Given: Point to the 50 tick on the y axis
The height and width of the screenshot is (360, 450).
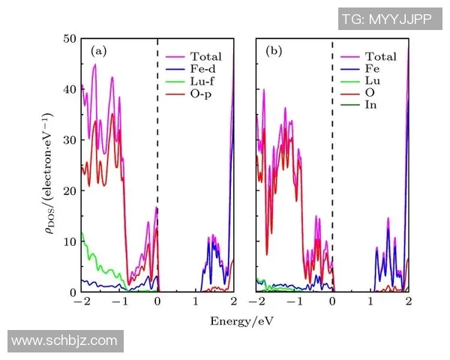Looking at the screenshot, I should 68,38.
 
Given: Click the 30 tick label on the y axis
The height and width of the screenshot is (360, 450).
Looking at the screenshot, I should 68,140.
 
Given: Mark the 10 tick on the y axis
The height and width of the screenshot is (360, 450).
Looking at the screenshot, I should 68,241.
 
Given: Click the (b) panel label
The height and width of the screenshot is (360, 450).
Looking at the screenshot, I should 274,51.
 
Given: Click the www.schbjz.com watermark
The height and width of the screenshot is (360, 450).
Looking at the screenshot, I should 64,340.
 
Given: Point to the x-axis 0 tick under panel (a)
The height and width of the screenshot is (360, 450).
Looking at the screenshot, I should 157,301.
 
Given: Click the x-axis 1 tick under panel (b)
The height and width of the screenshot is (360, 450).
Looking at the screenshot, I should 370,301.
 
